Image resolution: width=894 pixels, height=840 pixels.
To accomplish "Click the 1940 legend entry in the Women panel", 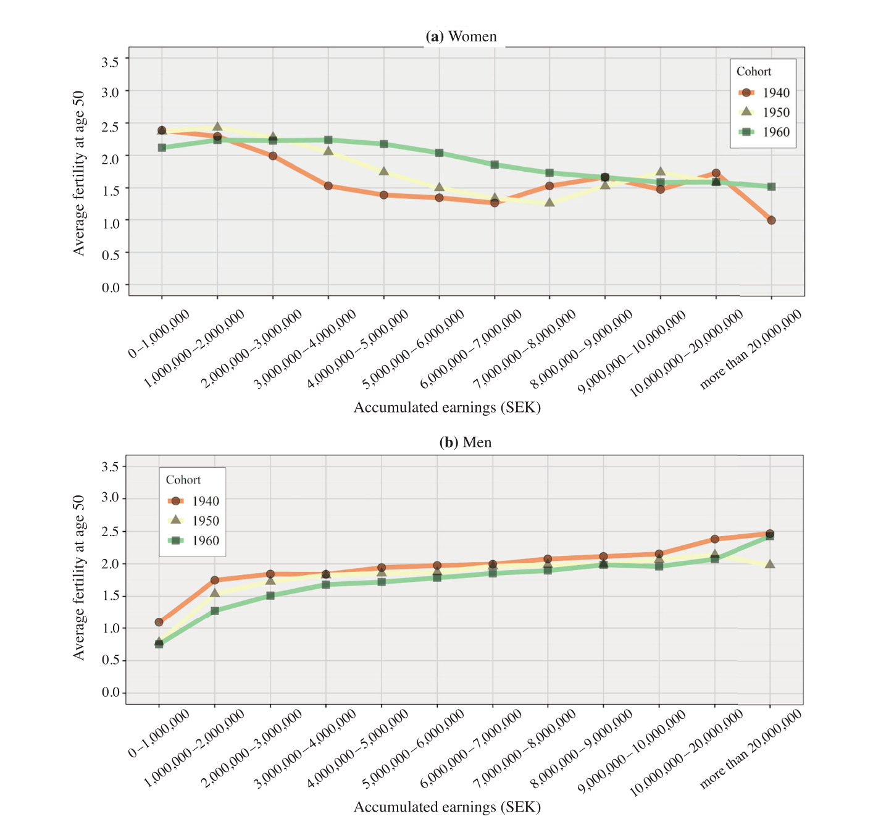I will point(764,93).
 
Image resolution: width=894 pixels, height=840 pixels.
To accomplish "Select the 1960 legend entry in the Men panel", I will point(193,540).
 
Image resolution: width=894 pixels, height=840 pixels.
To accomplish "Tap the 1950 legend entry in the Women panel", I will point(764,112).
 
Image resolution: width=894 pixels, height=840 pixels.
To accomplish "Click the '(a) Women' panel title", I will point(461,36).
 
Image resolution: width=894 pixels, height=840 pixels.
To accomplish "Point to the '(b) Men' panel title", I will point(465,442).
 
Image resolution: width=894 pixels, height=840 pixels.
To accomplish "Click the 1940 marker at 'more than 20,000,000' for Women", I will point(771,220).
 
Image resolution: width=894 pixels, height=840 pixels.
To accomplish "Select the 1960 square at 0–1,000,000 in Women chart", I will point(162,148).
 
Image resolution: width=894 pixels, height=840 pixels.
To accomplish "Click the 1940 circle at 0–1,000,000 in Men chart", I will point(159,622).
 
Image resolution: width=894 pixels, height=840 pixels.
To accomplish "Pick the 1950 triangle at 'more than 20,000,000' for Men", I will point(770,564).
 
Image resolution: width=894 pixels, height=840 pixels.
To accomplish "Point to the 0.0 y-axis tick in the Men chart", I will point(111,692).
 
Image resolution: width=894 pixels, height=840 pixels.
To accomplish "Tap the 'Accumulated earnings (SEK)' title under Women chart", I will point(447,407).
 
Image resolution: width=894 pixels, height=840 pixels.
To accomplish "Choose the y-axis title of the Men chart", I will point(78,577).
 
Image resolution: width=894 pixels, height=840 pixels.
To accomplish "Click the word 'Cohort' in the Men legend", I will point(183,480).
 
